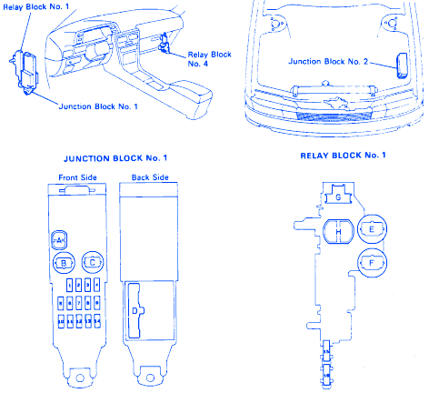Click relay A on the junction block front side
click(59, 240)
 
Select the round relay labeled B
click(64, 263)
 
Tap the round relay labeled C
click(93, 262)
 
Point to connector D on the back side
click(135, 311)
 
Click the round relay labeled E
click(372, 229)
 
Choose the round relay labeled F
click(372, 263)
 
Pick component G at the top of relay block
click(338, 195)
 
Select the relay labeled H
click(339, 232)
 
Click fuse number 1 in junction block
click(70, 285)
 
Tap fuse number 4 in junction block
click(97, 285)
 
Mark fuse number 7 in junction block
click(79, 303)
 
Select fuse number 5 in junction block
click(61, 303)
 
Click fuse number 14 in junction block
click(97, 321)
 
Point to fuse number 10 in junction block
click(61, 321)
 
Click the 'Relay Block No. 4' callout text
click(209, 59)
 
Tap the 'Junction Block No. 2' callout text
click(328, 62)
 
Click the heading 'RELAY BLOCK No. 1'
click(343, 156)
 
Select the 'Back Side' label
click(150, 177)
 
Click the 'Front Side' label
click(77, 177)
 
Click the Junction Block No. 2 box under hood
click(403, 65)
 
